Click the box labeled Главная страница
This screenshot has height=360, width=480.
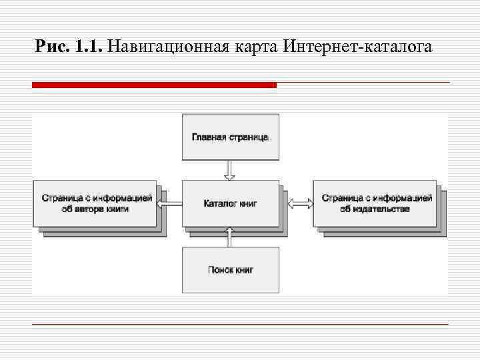coord(230,137)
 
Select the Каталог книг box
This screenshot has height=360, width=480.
coord(230,203)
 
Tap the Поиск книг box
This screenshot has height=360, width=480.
coord(230,270)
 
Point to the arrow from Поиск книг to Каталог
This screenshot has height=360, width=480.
coord(230,236)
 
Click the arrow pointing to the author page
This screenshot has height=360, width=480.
coord(169,203)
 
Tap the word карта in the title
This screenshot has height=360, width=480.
coord(253,47)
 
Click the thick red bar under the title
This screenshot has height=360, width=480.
coord(154,85)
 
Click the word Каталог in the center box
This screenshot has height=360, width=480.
coord(219,203)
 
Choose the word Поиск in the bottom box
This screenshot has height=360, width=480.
coord(219,270)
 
